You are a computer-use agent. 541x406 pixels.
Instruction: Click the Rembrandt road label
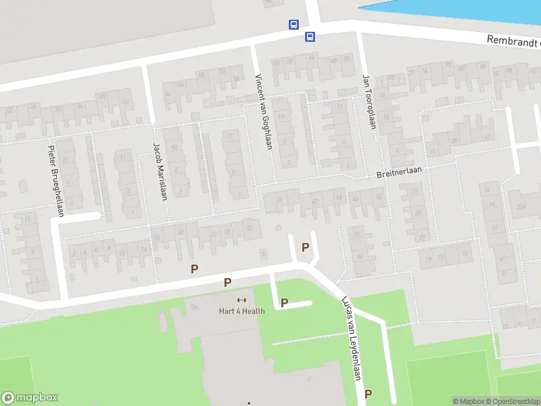pos(513,42)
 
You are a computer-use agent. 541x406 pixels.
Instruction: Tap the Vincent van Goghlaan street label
pos(263,112)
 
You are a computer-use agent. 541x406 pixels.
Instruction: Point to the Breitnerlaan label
pos(399,172)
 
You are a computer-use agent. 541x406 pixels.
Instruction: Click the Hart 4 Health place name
pos(241,311)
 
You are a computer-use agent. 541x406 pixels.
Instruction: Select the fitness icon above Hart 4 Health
pos(241,300)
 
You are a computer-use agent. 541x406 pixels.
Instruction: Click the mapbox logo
pos(30,398)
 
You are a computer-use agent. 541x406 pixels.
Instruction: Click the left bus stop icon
pos(293,24)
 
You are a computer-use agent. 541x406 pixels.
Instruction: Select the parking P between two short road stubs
pos(305,247)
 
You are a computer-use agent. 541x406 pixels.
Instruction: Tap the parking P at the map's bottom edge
pos(368,393)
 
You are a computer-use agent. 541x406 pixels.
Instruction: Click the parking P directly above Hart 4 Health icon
pos(228,282)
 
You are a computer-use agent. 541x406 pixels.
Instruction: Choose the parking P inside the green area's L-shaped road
pos(284,302)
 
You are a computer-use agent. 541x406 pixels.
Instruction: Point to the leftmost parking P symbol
pos(195,269)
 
